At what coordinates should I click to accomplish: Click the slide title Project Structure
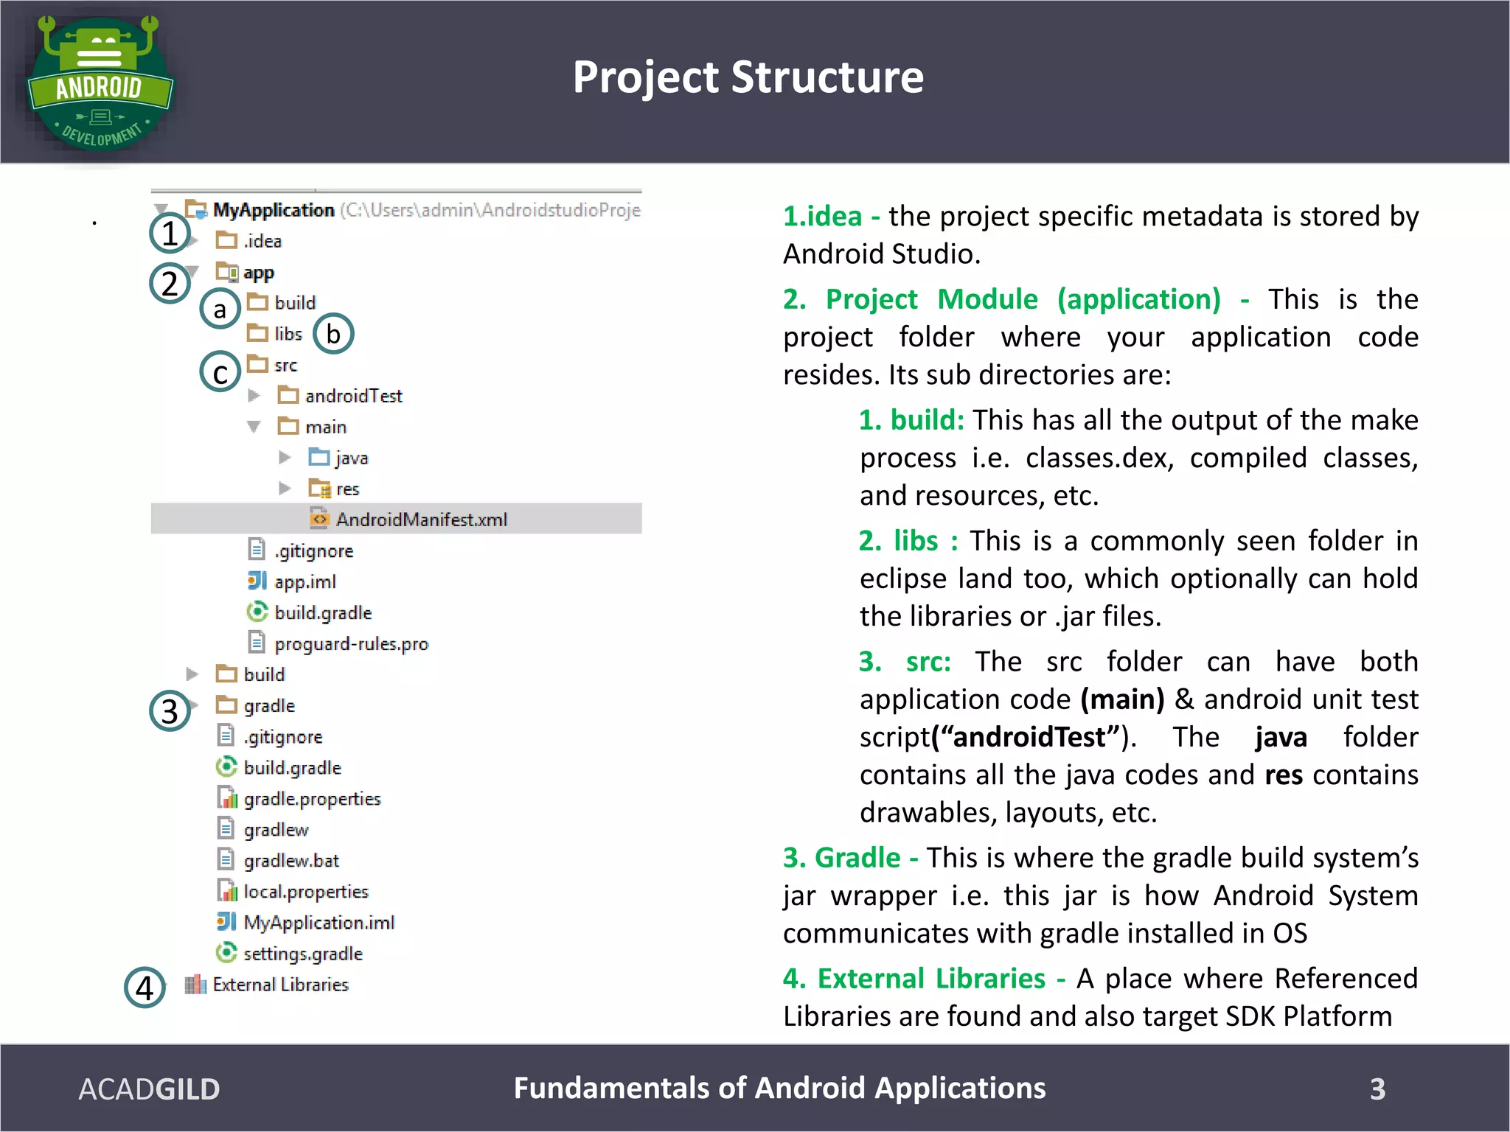click(748, 77)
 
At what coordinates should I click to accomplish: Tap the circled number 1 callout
click(170, 234)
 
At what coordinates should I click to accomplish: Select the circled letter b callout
click(333, 334)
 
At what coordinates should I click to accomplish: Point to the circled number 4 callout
click(145, 988)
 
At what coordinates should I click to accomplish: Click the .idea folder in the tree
click(262, 241)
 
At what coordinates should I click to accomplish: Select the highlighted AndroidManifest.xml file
click(421, 520)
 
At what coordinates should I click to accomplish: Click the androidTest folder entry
click(353, 396)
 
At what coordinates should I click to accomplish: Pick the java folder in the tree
click(351, 458)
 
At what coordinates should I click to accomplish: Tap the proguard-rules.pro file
click(351, 644)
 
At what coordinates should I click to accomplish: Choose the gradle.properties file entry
click(312, 799)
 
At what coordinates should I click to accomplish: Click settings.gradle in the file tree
click(302, 954)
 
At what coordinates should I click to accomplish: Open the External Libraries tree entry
click(280, 985)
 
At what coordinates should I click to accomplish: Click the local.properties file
click(305, 892)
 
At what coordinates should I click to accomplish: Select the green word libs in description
click(916, 541)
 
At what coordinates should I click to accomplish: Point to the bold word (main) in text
click(1122, 699)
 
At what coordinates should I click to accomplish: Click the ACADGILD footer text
click(149, 1089)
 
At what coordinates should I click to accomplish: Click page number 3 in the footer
click(1377, 1089)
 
